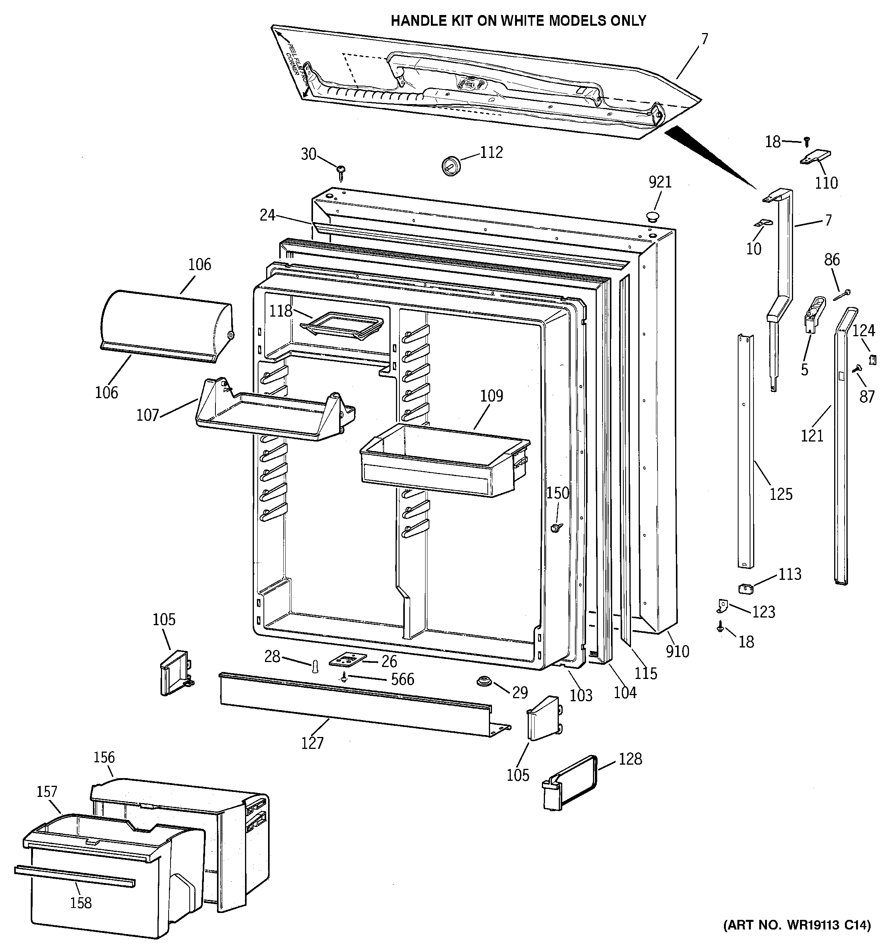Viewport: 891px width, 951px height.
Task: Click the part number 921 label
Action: point(660,182)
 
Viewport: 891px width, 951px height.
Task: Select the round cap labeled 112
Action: point(450,165)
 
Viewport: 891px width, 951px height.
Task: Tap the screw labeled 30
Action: point(341,172)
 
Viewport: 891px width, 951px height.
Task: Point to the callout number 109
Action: point(492,396)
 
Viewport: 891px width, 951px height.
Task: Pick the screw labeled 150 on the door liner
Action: point(556,527)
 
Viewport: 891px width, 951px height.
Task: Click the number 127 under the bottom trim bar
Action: point(312,742)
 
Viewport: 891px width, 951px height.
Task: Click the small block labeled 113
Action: point(745,588)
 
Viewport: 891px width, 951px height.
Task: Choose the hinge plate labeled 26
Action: point(347,660)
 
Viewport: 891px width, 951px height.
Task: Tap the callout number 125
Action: point(781,494)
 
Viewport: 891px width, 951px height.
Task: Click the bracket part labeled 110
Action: point(816,158)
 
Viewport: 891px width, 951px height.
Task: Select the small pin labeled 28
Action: point(316,666)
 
